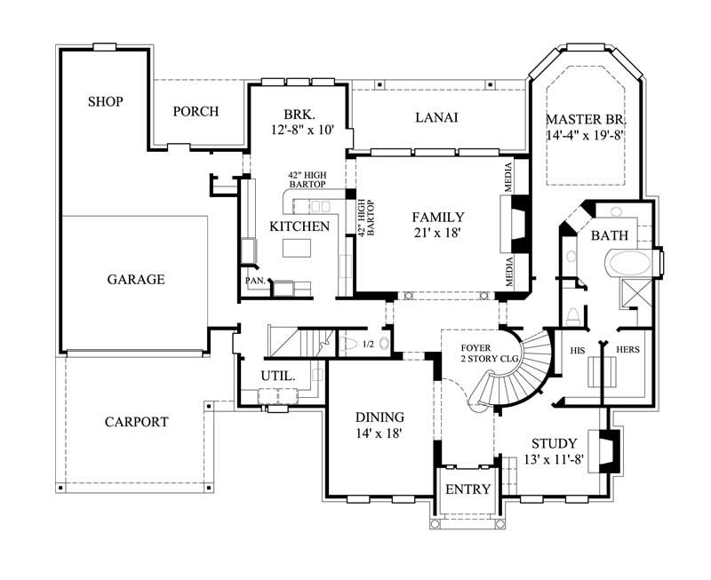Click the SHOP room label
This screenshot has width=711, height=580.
click(105, 101)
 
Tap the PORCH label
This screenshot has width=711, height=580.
click(196, 111)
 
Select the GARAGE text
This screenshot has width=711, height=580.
click(136, 279)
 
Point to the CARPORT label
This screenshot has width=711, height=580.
click(136, 422)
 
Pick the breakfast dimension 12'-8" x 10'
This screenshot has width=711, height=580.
click(301, 130)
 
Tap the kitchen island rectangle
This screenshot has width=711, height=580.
click(298, 248)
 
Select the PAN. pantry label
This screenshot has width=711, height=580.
click(255, 281)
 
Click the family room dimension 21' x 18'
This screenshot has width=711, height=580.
click(438, 233)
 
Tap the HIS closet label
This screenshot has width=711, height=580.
click(579, 350)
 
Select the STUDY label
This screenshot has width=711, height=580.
click(554, 443)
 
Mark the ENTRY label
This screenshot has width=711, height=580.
click(467, 489)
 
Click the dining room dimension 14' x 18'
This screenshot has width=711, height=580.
click(379, 433)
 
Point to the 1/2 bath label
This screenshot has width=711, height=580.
click(343, 343)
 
